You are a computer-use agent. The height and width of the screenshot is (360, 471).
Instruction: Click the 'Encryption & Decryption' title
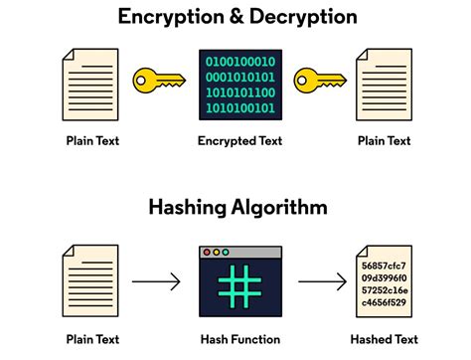pos(235,17)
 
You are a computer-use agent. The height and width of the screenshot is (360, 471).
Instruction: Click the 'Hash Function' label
pos(236,339)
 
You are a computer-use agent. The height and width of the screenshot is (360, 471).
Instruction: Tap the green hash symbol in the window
pos(236,287)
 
